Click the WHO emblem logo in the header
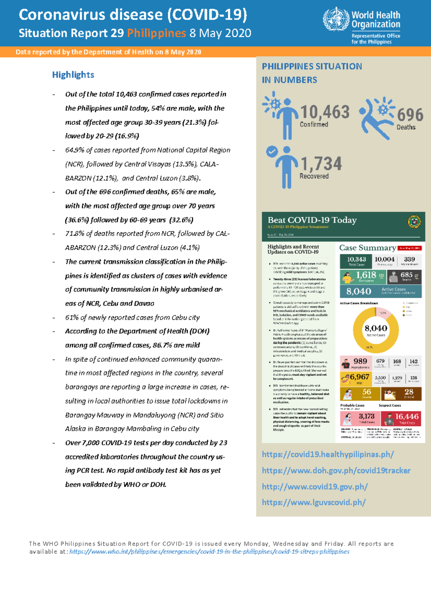click(x=336, y=19)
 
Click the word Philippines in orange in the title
click(x=156, y=33)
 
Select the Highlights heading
click(x=73, y=75)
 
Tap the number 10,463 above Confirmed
click(x=325, y=112)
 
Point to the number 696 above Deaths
click(x=410, y=115)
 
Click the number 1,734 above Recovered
click(x=321, y=164)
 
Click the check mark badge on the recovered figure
click(x=272, y=151)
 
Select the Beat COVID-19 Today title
click(x=312, y=220)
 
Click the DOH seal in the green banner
click(x=414, y=222)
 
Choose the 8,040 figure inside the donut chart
click(x=376, y=328)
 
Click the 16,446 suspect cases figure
click(x=407, y=417)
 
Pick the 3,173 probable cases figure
click(x=366, y=416)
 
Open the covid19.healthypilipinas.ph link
click(x=328, y=454)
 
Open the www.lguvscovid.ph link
click(x=314, y=503)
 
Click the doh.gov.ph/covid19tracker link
click(x=336, y=471)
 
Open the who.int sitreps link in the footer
click(x=209, y=551)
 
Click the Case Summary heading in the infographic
click(x=367, y=248)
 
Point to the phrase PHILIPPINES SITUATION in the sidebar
click(x=312, y=66)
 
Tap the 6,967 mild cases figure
click(x=359, y=377)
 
